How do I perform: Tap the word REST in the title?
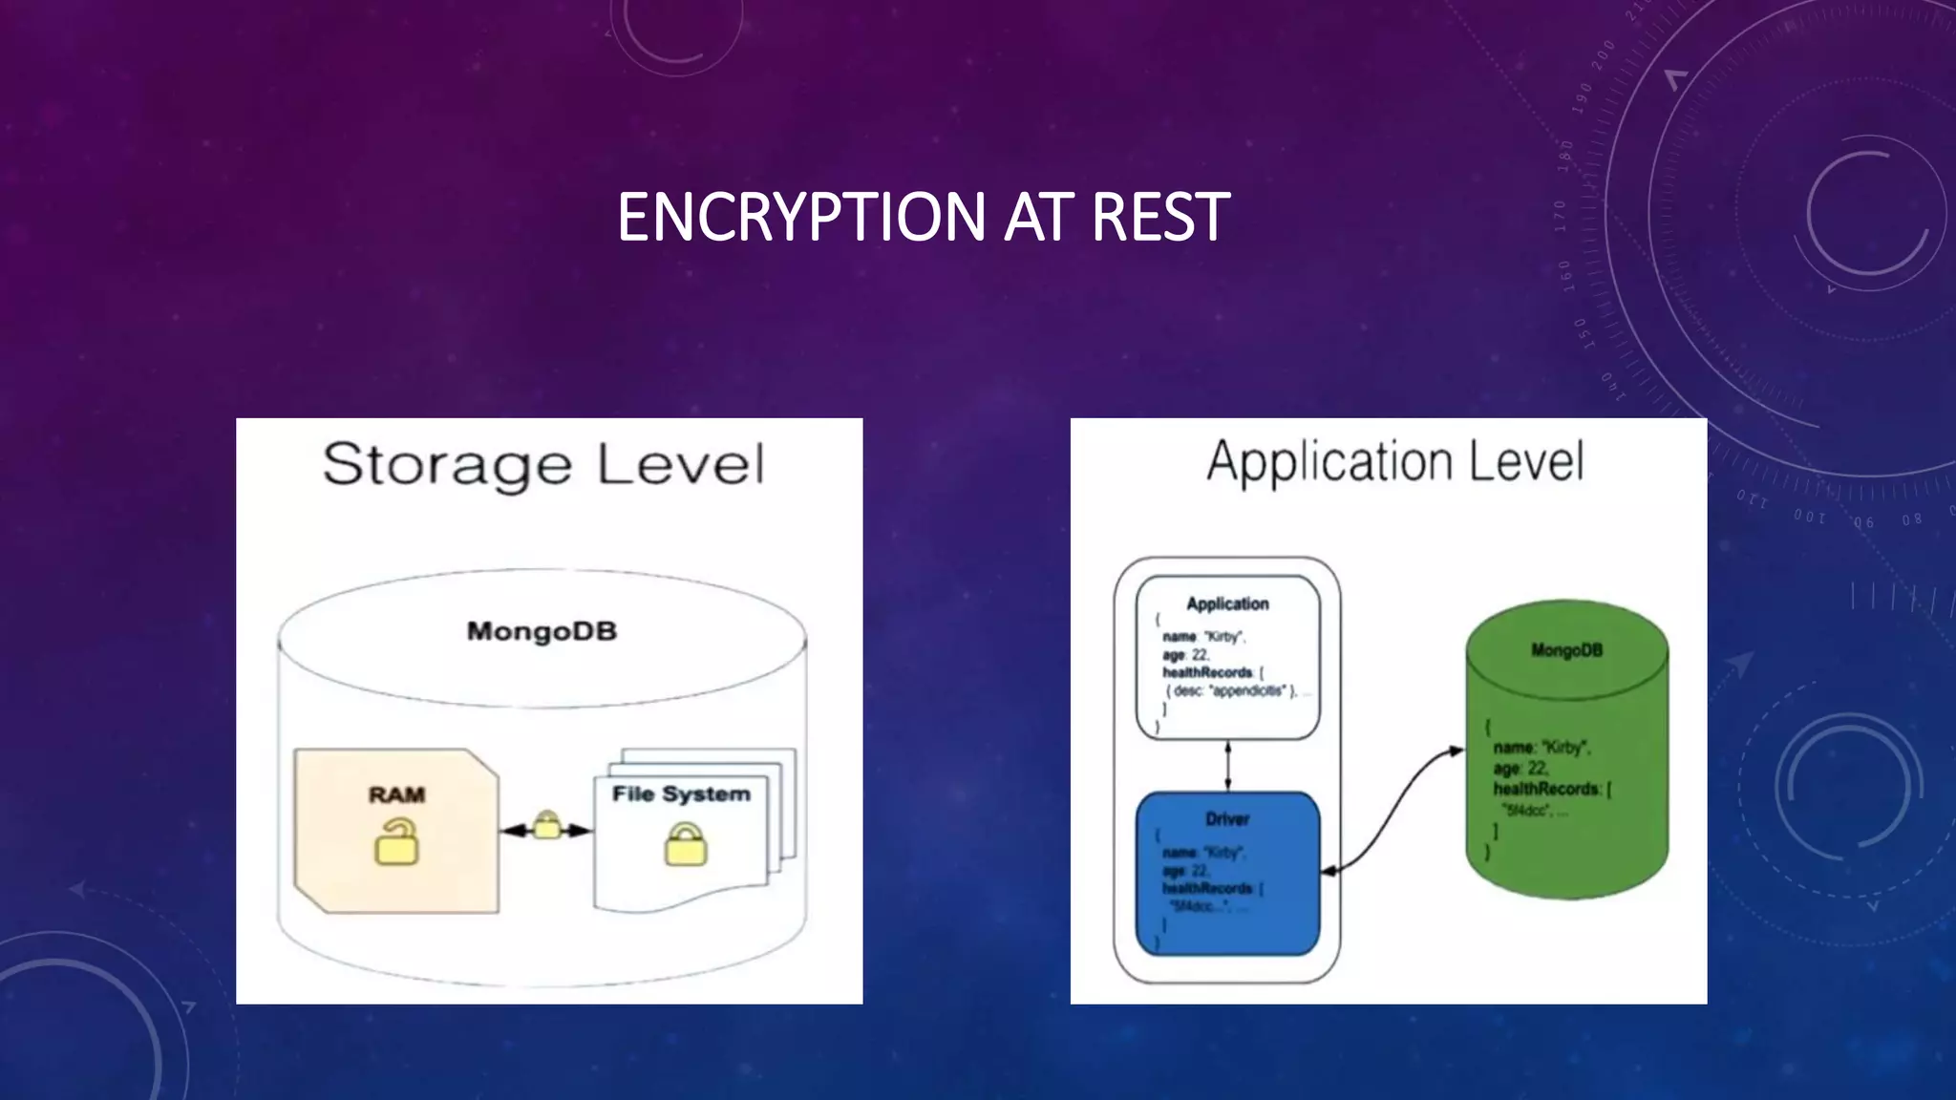[1159, 217]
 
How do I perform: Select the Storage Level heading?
[543, 465]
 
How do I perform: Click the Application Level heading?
[1394, 462]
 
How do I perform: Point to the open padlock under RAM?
[396, 843]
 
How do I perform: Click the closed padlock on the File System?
[686, 846]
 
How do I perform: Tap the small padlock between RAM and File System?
[546, 825]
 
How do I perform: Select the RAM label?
[396, 794]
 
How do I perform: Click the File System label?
[681, 794]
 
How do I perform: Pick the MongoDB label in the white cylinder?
[542, 631]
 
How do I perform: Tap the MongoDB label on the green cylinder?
[1566, 650]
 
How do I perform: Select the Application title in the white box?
[1227, 603]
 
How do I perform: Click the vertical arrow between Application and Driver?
[1227, 766]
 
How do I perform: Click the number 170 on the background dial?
[1559, 216]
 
